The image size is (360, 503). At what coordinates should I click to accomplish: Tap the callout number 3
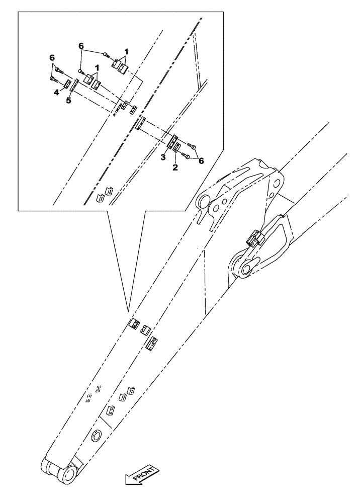pyautogui.click(x=163, y=158)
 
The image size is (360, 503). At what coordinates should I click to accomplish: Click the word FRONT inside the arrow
pyautogui.click(x=143, y=474)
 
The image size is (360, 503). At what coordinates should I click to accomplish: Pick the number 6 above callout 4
pyautogui.click(x=52, y=59)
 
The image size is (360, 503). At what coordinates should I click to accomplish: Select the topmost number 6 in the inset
pyautogui.click(x=80, y=46)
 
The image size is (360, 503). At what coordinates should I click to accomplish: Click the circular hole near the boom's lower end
pyautogui.click(x=96, y=435)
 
